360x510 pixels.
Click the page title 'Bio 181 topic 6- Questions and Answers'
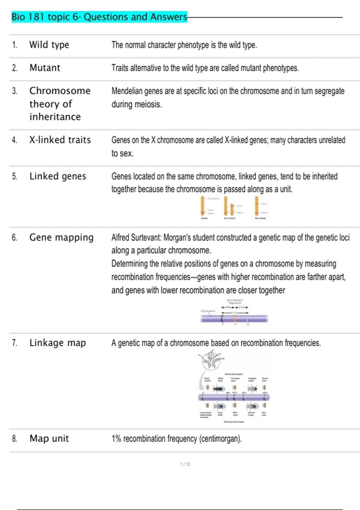(x=99, y=17)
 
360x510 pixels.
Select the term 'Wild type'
(x=49, y=45)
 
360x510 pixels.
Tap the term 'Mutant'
(x=45, y=68)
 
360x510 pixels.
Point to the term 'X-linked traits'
(x=60, y=140)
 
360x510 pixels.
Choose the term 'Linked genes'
(x=58, y=176)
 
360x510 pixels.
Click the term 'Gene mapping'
(x=61, y=237)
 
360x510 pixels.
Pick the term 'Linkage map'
(x=58, y=343)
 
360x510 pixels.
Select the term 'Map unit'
(x=49, y=438)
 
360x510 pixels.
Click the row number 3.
(x=14, y=91)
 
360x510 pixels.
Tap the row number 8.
(x=14, y=439)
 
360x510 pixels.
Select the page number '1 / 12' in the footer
(x=185, y=464)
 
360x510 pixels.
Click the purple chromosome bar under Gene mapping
(x=234, y=319)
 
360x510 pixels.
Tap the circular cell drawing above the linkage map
(x=211, y=360)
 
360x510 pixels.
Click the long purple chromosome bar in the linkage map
(x=234, y=397)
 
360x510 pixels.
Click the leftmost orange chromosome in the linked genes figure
(x=203, y=206)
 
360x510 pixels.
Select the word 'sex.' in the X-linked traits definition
(x=127, y=153)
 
